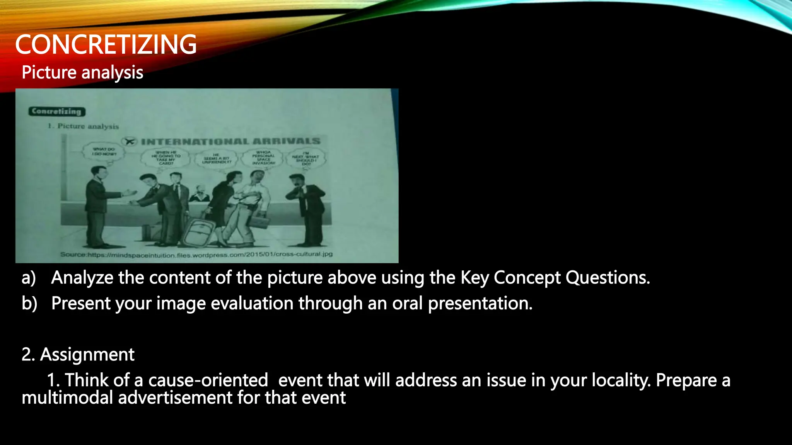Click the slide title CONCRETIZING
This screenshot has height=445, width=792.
[x=106, y=44]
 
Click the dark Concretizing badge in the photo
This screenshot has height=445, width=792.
[x=56, y=111]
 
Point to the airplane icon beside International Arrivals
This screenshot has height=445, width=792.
[x=130, y=141]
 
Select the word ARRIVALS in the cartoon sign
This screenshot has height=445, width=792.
[x=287, y=141]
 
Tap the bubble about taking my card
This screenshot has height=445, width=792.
[x=166, y=158]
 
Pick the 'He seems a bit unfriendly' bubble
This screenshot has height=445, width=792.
[x=216, y=158]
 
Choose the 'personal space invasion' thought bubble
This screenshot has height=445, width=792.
[x=264, y=158]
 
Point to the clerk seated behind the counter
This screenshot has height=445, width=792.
[x=199, y=193]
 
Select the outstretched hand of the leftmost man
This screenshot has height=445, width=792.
[x=130, y=192]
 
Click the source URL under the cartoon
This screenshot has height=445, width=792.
[x=196, y=255]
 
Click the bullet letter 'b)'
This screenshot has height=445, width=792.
[x=29, y=303]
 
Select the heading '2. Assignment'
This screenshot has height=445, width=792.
[x=78, y=354]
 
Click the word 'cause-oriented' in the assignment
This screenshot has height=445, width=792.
[x=208, y=380]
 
